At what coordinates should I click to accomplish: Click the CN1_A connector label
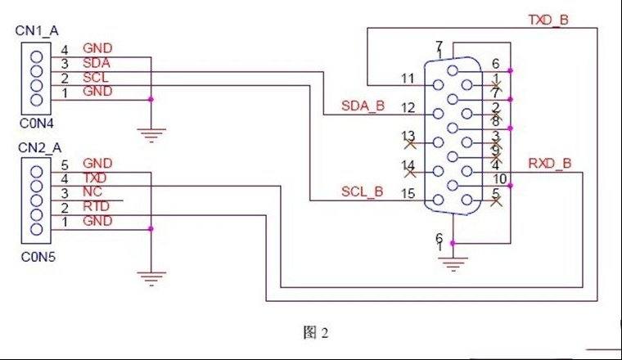click(x=37, y=30)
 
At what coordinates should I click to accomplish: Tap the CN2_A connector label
click(x=39, y=148)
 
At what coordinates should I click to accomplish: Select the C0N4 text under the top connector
click(x=37, y=124)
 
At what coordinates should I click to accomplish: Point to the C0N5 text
click(x=38, y=257)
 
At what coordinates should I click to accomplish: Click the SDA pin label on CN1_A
click(x=97, y=63)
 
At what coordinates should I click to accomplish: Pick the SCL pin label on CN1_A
click(x=95, y=77)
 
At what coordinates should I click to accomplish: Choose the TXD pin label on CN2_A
click(x=95, y=178)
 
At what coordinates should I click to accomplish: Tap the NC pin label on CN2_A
click(x=92, y=192)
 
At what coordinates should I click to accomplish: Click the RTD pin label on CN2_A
click(x=96, y=206)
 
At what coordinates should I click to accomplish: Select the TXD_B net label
click(x=548, y=20)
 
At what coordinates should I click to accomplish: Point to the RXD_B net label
click(x=550, y=163)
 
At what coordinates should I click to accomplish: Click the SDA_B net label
click(x=363, y=106)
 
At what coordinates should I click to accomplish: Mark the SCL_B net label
click(x=363, y=191)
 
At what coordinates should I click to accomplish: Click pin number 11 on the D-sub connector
click(x=408, y=79)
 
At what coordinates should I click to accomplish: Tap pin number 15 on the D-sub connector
click(x=408, y=193)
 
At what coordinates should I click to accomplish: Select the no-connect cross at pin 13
click(x=410, y=143)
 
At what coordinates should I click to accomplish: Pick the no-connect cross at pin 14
click(x=410, y=172)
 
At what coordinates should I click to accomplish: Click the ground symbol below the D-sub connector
click(x=453, y=263)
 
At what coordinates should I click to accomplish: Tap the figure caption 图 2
click(x=316, y=333)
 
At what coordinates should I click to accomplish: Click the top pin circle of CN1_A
click(x=36, y=57)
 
